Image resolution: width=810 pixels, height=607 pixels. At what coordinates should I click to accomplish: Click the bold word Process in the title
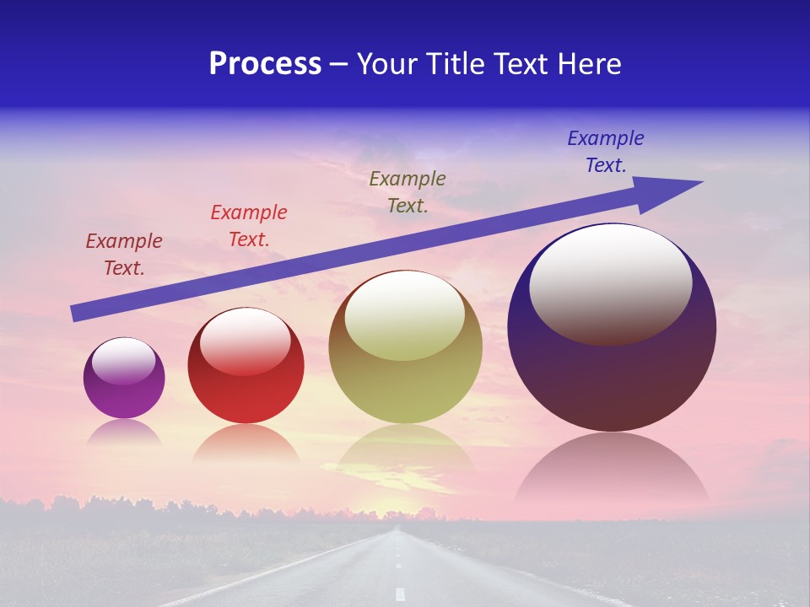[265, 64]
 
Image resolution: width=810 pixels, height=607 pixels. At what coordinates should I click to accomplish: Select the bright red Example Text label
[249, 226]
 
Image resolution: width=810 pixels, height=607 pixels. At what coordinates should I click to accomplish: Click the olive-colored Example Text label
[408, 192]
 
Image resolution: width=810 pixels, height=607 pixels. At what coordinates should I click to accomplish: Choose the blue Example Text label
[606, 152]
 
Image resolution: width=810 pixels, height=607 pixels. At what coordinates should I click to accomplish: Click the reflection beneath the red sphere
[246, 443]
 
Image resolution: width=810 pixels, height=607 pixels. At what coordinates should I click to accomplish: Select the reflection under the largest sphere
[612, 472]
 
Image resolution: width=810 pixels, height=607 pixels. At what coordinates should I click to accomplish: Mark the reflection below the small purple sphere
[124, 432]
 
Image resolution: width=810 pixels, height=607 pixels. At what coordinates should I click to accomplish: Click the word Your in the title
[388, 64]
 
